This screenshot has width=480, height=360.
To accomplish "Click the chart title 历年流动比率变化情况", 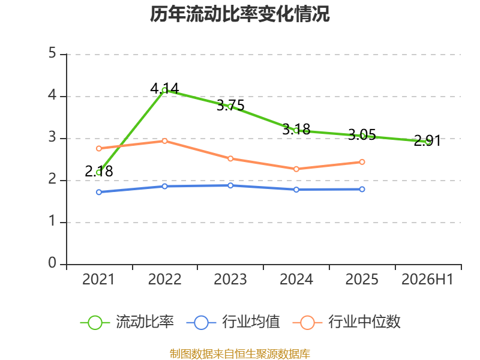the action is point(239,14).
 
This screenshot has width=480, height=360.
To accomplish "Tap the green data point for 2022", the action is point(164,91).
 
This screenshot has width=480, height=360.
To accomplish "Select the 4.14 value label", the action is point(164,88).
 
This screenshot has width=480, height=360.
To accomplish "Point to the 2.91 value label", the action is point(427,140).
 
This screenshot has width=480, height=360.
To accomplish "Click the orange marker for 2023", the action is point(230,158).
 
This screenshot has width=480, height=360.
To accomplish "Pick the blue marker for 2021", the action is point(99,192).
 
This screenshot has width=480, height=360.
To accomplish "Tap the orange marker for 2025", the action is point(362,162).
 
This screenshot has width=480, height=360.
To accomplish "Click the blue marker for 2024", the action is point(296,190).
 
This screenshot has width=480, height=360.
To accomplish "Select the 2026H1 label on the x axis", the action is point(427,279).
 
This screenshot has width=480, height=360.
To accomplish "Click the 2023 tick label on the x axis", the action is point(230,279).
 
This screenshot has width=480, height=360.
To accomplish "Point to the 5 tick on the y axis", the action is point(52,53).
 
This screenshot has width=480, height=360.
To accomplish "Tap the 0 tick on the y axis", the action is point(52,263).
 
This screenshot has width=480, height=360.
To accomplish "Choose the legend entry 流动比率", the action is point(127,322).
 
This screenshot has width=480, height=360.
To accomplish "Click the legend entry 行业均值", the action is point(233,322).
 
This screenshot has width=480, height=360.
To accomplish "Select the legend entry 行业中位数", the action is point(347,322).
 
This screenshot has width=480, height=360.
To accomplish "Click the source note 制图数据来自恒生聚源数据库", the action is point(240,353).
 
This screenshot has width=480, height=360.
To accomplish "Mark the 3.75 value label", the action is point(230,106).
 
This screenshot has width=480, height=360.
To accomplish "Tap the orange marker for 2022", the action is point(164,141).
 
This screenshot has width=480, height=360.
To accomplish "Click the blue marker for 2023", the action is point(230,185).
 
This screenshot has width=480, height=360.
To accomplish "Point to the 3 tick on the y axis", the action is point(52,137).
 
